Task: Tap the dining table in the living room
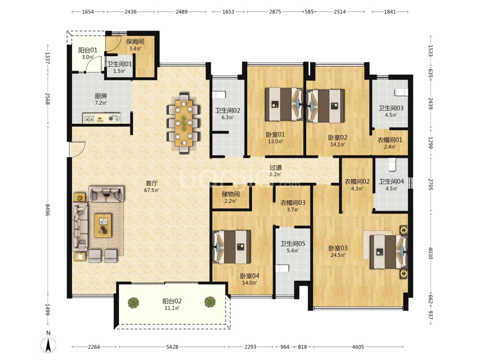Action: (184, 123)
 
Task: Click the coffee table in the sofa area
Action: (103, 226)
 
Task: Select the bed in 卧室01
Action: (284, 104)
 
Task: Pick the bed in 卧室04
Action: (232, 247)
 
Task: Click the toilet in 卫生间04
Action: (392, 165)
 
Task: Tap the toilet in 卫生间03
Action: (401, 92)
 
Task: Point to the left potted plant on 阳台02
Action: (133, 302)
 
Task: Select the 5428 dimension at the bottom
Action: (172, 347)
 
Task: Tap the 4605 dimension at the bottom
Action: (358, 347)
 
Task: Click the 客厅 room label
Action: (152, 183)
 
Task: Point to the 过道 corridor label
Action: (276, 168)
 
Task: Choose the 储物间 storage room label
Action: (230, 194)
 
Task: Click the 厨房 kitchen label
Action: (101, 96)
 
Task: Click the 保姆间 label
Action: (135, 41)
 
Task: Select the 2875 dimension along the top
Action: (275, 12)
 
